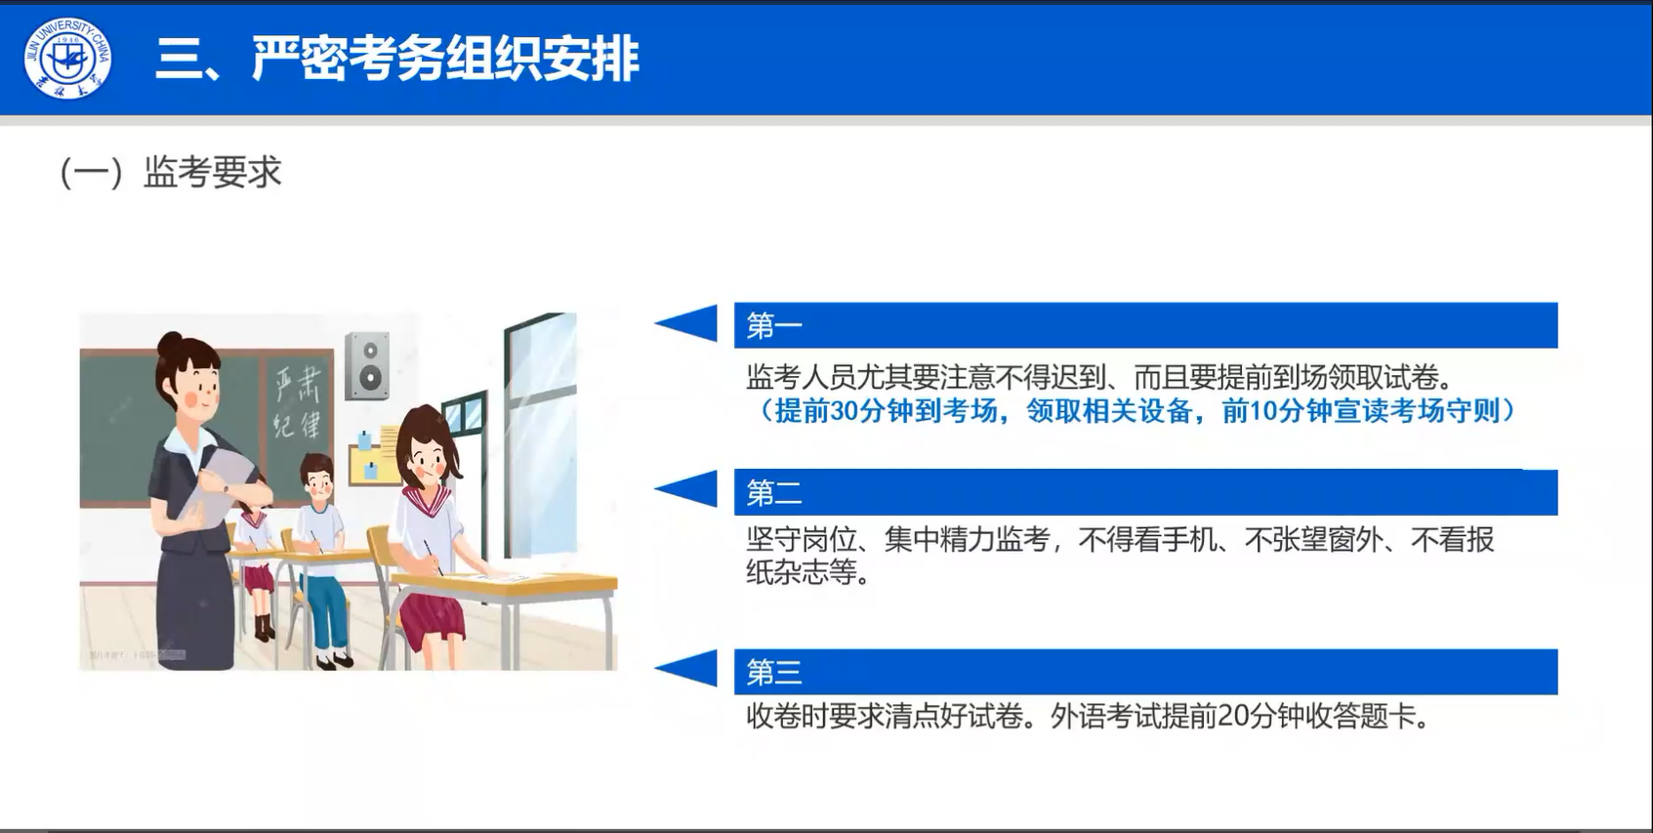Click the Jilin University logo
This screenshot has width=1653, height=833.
click(x=68, y=59)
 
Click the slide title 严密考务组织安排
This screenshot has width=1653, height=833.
click(x=445, y=59)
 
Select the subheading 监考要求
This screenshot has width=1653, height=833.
click(x=213, y=173)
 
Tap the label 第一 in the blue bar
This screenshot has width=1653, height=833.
click(x=774, y=325)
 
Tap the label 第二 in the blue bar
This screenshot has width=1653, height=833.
click(x=774, y=492)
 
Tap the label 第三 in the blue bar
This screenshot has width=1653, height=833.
click(x=774, y=672)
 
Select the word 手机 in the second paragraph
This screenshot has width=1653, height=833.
click(x=1189, y=540)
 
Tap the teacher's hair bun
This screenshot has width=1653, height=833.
click(x=171, y=343)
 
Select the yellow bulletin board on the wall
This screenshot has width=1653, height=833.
click(x=376, y=456)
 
